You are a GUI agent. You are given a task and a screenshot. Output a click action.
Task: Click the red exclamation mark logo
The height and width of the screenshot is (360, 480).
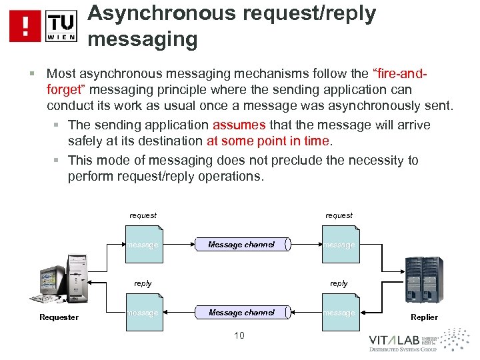click(25, 26)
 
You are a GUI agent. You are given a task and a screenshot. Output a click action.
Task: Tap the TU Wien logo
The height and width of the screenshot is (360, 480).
click(61, 26)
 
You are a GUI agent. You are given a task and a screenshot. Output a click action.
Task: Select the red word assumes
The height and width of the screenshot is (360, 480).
click(239, 125)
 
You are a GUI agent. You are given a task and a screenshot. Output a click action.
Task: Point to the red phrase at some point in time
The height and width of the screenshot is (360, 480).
click(268, 141)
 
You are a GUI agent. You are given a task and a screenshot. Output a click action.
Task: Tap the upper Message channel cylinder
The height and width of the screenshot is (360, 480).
click(241, 245)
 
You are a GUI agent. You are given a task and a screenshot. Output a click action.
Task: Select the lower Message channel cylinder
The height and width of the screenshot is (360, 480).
click(241, 312)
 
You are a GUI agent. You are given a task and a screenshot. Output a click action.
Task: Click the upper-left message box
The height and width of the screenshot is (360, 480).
click(143, 245)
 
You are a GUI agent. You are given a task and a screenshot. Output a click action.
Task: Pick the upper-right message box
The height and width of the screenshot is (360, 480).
click(339, 245)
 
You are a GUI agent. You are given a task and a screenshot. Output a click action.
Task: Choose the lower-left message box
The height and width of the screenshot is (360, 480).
click(143, 313)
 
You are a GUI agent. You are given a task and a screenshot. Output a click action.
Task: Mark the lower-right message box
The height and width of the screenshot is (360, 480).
click(339, 313)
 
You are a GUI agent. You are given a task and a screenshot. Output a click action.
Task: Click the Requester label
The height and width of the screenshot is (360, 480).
click(59, 317)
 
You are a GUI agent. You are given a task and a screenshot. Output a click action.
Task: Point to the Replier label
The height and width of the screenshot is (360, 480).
click(424, 317)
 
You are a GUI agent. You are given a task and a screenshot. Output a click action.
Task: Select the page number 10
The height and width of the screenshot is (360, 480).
click(239, 335)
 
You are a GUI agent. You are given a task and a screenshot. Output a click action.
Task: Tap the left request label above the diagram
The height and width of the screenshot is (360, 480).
click(143, 215)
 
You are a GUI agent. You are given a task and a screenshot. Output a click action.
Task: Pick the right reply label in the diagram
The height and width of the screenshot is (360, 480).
click(339, 283)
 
